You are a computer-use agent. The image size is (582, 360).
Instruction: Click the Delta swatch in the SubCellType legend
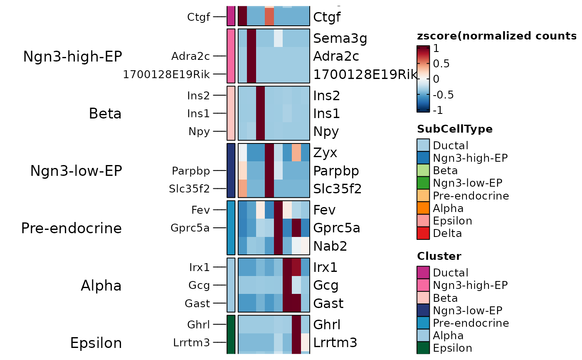[423, 233]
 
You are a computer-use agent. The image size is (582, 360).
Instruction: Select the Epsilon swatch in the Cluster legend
[423, 348]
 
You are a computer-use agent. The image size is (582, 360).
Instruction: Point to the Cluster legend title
[439, 256]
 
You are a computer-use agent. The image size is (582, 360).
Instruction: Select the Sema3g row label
[340, 38]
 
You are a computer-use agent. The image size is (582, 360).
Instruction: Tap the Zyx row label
[325, 153]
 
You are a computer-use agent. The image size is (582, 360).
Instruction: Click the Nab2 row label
[330, 246]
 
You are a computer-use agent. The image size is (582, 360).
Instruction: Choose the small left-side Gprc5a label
[190, 228]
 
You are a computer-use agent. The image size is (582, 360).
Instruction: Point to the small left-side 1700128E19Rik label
[166, 74]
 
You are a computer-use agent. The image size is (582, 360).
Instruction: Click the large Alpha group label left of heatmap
[101, 286]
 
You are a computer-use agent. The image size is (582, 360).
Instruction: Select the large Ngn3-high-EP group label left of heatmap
[72, 57]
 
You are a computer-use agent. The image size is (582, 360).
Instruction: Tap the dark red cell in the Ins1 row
[261, 113]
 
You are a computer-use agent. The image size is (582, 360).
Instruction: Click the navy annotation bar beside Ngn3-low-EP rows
[231, 170]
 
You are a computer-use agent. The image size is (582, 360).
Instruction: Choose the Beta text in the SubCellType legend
[445, 170]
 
